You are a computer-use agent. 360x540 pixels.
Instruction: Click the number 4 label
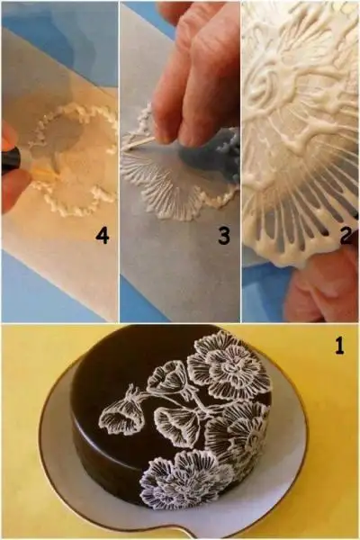coord(102,236)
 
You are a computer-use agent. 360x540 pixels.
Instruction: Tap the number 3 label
coord(223,236)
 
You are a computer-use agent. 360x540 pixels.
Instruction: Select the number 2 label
coord(346,236)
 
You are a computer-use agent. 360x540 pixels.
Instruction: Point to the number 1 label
coord(339,346)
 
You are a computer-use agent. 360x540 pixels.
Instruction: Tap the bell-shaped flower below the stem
coord(178,424)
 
